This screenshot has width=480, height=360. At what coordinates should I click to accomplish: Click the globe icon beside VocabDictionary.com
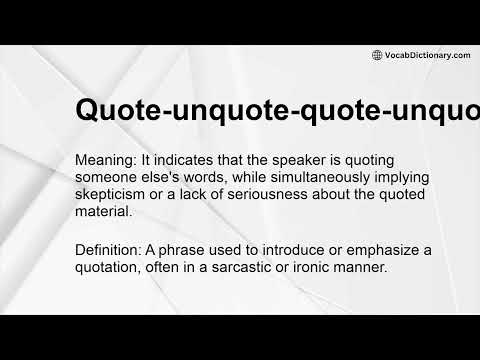[x=377, y=55]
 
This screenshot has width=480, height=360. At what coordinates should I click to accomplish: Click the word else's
[x=168, y=176]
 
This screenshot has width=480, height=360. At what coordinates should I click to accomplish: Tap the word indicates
[x=176, y=159]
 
